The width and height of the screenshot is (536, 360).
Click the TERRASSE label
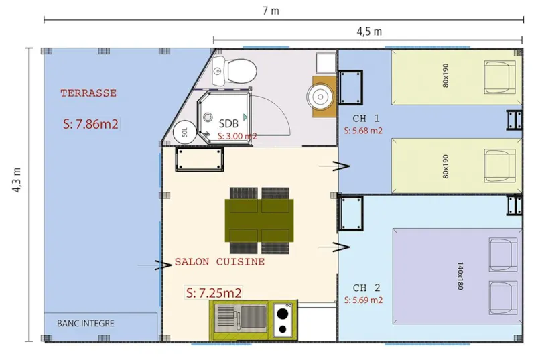(88, 93)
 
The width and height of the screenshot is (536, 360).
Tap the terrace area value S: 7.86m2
(90, 123)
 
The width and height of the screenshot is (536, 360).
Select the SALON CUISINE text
(219, 262)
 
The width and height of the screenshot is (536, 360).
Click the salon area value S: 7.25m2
(213, 292)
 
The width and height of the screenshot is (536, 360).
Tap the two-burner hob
(283, 319)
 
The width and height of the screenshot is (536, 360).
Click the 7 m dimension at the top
(271, 10)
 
